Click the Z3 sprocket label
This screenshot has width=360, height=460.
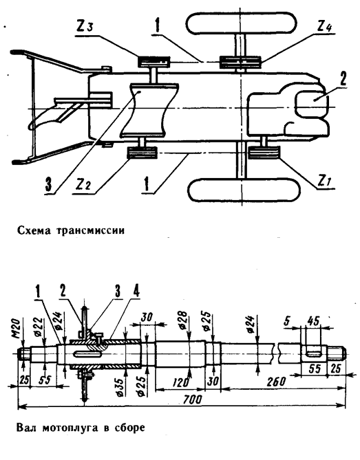pyautogui.click(x=85, y=27)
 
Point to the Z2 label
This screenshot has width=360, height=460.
pyautogui.click(x=83, y=184)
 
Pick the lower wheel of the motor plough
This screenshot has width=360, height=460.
pyautogui.click(x=244, y=190)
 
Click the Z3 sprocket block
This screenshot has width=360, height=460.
pyautogui.click(x=154, y=62)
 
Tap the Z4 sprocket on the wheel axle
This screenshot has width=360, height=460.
pyautogui.click(x=240, y=63)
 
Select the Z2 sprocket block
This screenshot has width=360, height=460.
pyautogui.click(x=142, y=153)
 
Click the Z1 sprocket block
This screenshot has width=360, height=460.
pyautogui.click(x=264, y=153)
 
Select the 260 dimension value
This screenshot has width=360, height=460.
pyautogui.click(x=276, y=382)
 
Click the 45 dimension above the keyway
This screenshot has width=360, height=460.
pyautogui.click(x=313, y=321)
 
